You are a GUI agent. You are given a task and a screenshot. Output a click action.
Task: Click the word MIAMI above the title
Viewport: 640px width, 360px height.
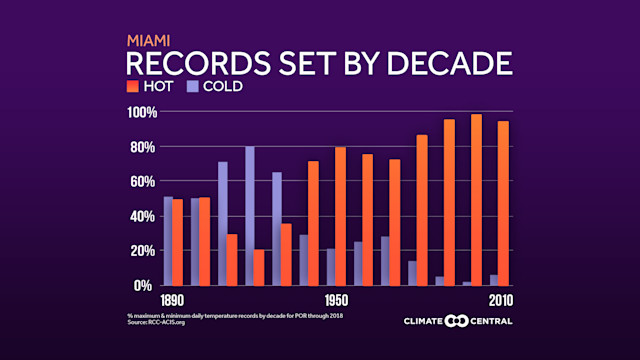pos(148,41)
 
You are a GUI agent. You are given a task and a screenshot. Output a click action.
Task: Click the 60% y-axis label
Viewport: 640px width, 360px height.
pos(140,181)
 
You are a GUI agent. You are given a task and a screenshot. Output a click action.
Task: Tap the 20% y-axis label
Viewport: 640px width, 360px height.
pos(140,251)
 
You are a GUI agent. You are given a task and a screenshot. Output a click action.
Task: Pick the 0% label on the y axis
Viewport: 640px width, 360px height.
pos(143,285)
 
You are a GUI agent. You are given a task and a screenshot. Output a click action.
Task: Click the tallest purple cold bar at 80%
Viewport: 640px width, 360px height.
pos(250,215)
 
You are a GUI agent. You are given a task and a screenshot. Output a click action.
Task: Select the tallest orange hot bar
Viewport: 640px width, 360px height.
pos(476,199)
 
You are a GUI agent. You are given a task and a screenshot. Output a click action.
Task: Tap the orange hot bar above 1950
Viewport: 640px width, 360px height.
pos(341,216)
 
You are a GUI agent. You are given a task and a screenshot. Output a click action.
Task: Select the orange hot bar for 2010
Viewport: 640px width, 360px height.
pos(503,203)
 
